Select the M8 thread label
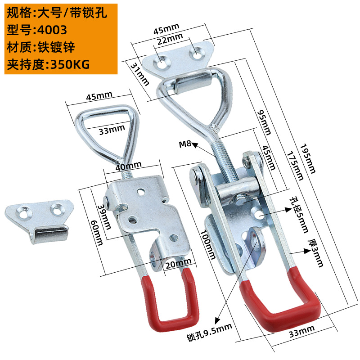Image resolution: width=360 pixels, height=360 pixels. click(x=186, y=144)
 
